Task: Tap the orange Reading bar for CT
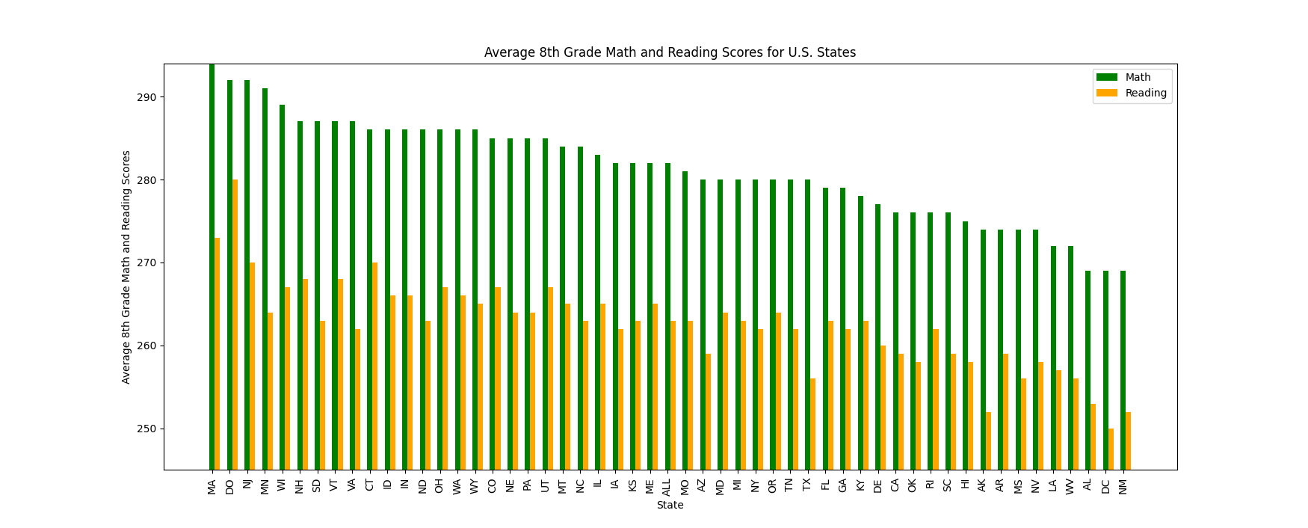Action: (x=375, y=366)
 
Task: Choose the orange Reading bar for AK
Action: (x=988, y=440)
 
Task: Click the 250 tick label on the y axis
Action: (x=146, y=429)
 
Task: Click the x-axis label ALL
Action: (x=667, y=488)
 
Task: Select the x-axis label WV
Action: (x=1070, y=486)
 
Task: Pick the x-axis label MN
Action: (x=265, y=486)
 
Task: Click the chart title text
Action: (x=670, y=52)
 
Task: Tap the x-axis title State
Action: (x=670, y=505)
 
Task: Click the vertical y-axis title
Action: (x=126, y=267)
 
